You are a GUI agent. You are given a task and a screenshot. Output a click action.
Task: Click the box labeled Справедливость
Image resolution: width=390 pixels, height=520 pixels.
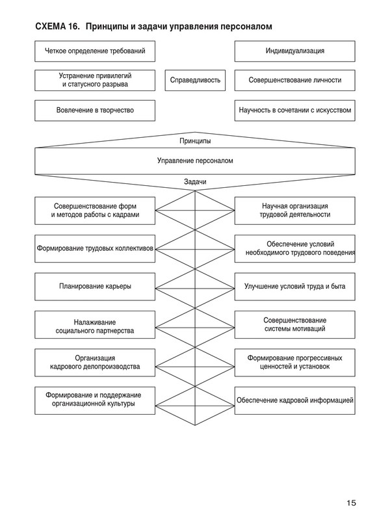(x=195, y=81)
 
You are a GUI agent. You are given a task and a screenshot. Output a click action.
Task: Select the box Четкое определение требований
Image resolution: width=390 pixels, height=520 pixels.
(x=95, y=51)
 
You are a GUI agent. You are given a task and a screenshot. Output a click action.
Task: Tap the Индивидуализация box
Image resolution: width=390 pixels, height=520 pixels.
(x=294, y=51)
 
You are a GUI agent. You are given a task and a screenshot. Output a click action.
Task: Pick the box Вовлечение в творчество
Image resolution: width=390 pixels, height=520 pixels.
(x=95, y=110)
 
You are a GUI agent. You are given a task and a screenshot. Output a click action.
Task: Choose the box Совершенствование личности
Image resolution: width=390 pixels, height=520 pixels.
(x=294, y=81)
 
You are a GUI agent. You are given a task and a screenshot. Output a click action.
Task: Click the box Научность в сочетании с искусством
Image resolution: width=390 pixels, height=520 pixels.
(x=294, y=110)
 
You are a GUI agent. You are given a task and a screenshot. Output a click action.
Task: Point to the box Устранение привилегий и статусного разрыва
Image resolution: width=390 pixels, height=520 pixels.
(x=95, y=81)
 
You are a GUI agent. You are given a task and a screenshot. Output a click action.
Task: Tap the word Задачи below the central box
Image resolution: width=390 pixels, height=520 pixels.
(x=194, y=182)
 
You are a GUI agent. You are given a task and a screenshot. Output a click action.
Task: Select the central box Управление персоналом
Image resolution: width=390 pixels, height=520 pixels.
(x=194, y=160)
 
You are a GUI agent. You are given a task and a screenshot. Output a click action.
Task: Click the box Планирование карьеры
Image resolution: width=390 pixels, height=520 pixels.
(x=95, y=287)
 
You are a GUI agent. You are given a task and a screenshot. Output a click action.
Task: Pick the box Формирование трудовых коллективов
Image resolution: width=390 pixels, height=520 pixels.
(x=95, y=248)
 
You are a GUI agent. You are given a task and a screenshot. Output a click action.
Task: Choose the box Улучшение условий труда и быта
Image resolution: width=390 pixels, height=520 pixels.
(x=294, y=287)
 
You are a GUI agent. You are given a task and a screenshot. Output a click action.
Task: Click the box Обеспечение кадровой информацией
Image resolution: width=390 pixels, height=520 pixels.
(x=294, y=400)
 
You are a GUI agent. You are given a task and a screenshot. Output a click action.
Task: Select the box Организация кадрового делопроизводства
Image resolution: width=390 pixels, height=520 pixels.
(x=95, y=363)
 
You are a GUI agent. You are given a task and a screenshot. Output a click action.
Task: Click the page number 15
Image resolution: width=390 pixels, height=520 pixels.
(x=351, y=502)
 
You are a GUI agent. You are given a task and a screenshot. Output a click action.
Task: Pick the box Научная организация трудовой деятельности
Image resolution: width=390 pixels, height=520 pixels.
(x=294, y=211)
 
